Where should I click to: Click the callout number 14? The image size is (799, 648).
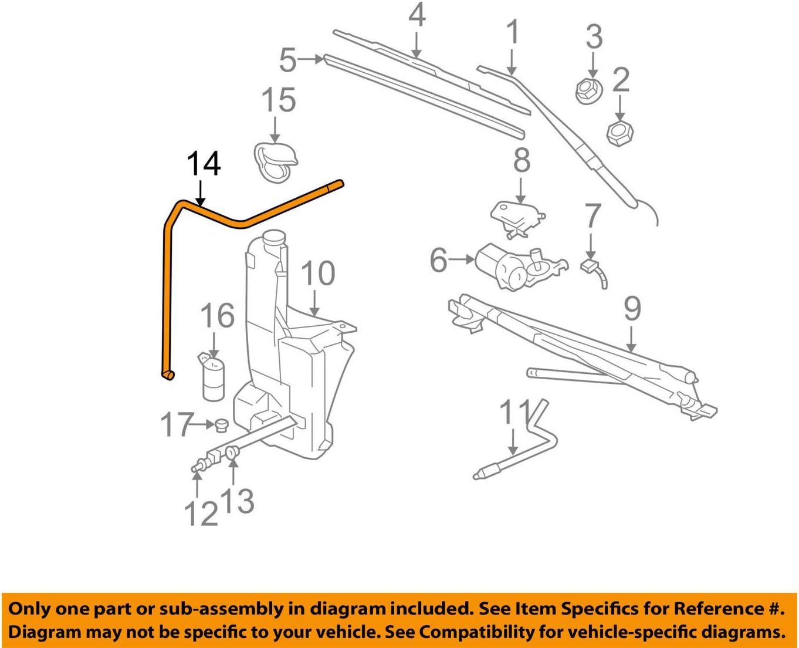tap(204, 164)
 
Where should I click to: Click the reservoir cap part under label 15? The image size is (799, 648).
tap(275, 160)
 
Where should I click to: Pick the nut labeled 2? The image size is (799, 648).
tap(619, 134)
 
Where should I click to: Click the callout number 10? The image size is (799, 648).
tap(318, 274)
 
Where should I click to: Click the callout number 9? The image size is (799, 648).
tap(632, 309)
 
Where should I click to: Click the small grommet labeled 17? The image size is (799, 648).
tap(222, 424)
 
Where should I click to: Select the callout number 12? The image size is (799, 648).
tap(201, 514)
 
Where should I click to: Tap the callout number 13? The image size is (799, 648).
tap(238, 501)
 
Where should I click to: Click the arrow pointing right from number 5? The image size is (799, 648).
tap(311, 59)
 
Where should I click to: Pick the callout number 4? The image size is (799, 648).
tap(417, 15)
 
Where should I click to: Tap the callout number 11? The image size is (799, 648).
tap(515, 413)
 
